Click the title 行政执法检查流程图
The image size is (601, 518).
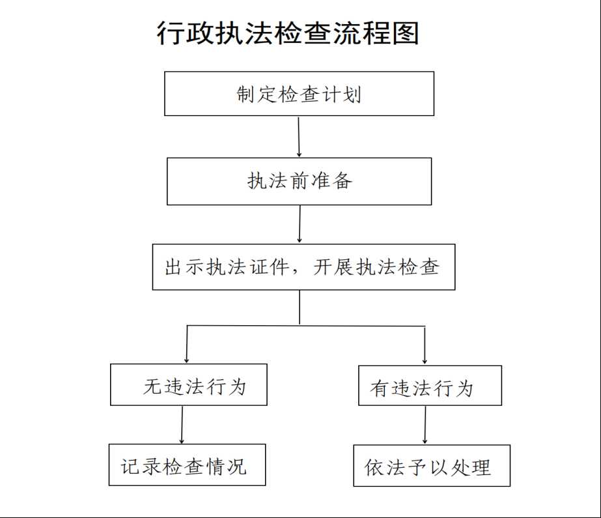287,33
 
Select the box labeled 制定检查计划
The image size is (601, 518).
299,94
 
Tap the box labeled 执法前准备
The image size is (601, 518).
299,181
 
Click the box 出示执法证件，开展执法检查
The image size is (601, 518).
303,267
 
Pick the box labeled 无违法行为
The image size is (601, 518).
189,384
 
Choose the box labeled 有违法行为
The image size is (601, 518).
430,385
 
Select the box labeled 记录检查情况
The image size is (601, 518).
187,465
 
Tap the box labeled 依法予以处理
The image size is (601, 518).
432,465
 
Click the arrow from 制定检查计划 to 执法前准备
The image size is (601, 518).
299,136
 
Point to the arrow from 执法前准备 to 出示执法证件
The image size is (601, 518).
300,224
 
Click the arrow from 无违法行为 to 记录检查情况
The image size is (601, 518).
182,425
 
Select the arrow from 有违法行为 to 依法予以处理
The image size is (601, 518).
425,425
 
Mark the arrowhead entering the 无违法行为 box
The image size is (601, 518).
187,360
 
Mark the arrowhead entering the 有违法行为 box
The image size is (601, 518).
425,361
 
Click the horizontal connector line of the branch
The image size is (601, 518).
306,326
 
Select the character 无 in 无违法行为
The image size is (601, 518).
153,386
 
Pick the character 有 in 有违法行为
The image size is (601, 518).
380,388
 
